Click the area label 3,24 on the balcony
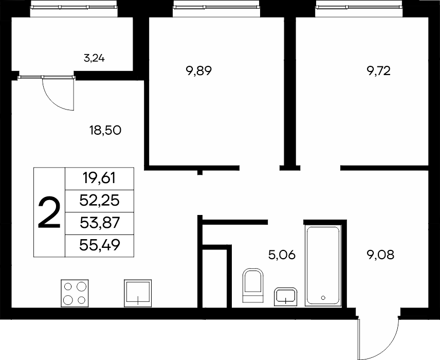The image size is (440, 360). pyautogui.click(x=94, y=59)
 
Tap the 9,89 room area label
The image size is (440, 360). pyautogui.click(x=199, y=71)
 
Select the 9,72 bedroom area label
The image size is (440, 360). pyautogui.click(x=378, y=71)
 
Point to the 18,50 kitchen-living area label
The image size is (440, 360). pyautogui.click(x=105, y=130)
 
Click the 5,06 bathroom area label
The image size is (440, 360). pyautogui.click(x=282, y=255)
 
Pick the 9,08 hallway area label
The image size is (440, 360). pyautogui.click(x=380, y=255)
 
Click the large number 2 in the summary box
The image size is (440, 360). pyautogui.click(x=49, y=212)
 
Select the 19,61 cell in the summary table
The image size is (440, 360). pyautogui.click(x=99, y=178)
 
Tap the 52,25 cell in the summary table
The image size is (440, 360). pyautogui.click(x=99, y=201)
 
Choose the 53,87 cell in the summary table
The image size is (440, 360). pyautogui.click(x=100, y=223)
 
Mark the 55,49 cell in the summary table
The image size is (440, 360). pyautogui.click(x=100, y=245)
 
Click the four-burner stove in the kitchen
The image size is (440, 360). pyautogui.click(x=75, y=293)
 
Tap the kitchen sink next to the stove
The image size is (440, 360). pyautogui.click(x=138, y=293)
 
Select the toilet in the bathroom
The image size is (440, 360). pyautogui.click(x=253, y=285)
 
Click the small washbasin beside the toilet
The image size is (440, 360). pyautogui.click(x=286, y=297)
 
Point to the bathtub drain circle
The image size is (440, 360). pyautogui.click(x=323, y=298)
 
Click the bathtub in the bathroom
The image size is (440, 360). pyautogui.click(x=323, y=265)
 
